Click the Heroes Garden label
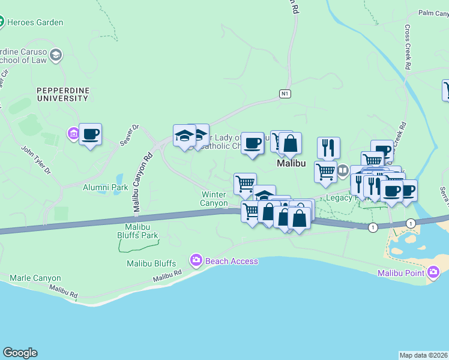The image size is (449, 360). point(35,23)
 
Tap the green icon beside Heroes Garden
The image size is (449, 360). point(2,23)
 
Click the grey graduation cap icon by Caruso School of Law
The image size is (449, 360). point(56,56)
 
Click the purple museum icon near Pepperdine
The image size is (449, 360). point(73,133)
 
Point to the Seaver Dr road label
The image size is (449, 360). point(129,135)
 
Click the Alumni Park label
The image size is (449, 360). point(106,187)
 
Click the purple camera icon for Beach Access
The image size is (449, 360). point(196,260)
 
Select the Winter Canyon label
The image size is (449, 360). point(214,199)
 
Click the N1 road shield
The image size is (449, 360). point(285,94)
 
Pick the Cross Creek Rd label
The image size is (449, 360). point(407,47)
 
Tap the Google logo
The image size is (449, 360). point(20,353)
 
